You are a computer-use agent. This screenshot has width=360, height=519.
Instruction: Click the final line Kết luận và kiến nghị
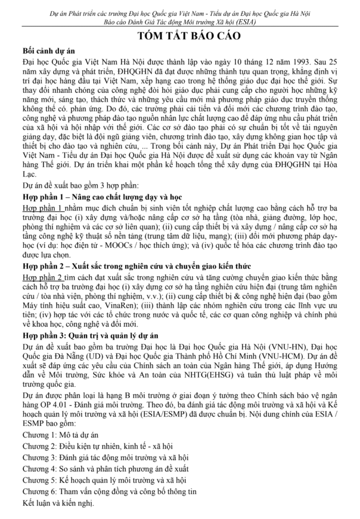(x=59, y=503)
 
